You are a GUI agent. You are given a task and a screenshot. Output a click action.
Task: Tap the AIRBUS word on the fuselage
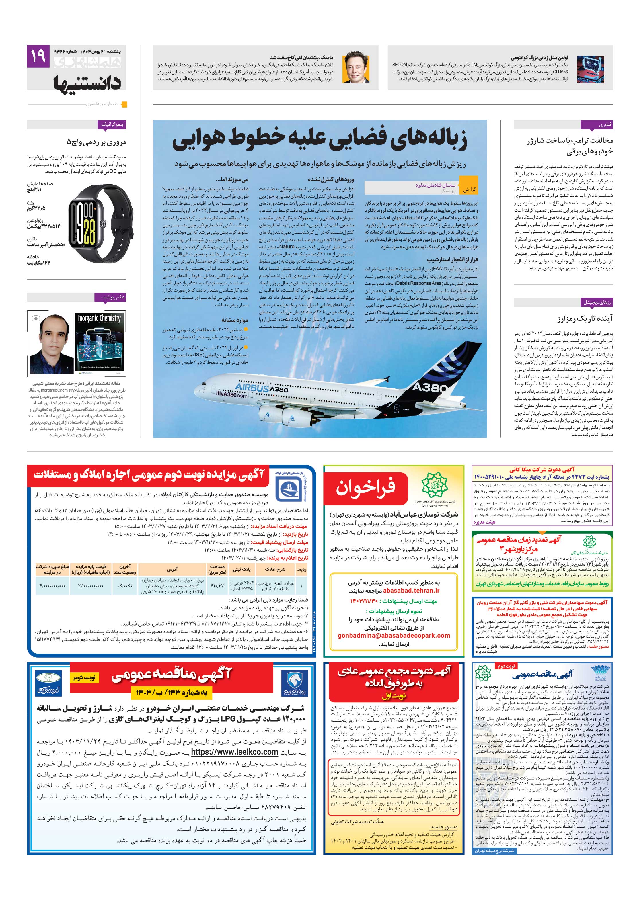(x=251, y=387)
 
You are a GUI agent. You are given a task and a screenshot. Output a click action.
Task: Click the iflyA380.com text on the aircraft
(x=232, y=394)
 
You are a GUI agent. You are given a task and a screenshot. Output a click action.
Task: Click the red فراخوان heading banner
(x=365, y=486)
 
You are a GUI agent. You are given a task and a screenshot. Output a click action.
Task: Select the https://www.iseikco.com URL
(x=235, y=752)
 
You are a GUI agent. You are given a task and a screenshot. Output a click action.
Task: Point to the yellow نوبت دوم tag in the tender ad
(x=84, y=677)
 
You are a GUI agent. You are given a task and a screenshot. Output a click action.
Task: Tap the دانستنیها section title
(x=87, y=83)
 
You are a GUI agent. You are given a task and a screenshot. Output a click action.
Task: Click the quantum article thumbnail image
(x=593, y=68)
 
